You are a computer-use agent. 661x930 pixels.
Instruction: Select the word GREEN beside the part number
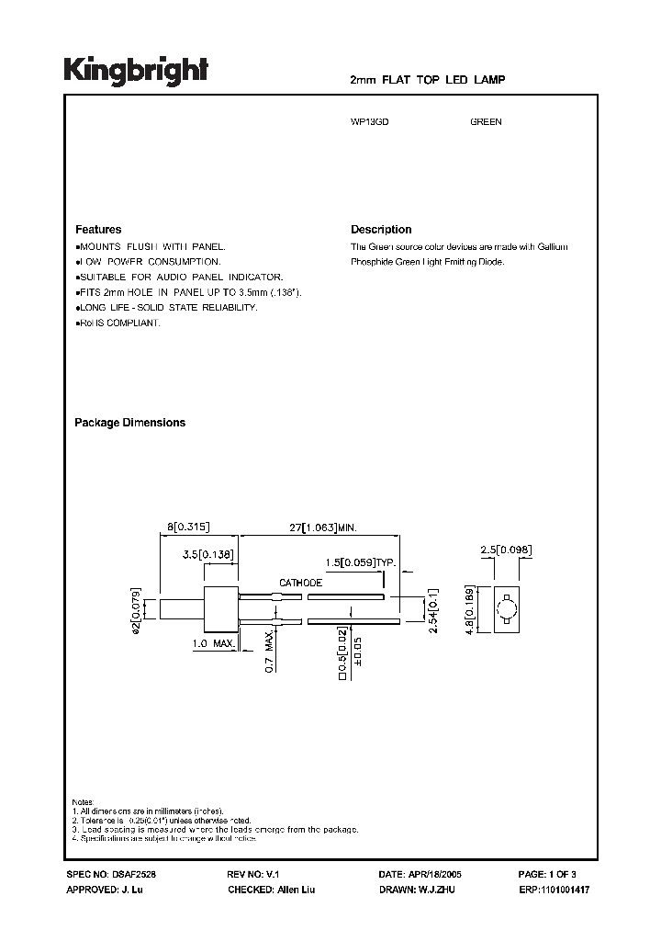click(486, 122)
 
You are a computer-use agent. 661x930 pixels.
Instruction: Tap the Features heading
click(98, 230)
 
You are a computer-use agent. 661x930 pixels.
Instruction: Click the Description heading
click(381, 230)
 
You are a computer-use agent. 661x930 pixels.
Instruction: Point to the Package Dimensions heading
click(129, 423)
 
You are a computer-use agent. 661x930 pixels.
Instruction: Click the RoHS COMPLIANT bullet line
click(118, 323)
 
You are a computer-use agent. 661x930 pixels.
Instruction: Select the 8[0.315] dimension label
click(190, 527)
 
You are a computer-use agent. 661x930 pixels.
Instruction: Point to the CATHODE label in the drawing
click(301, 584)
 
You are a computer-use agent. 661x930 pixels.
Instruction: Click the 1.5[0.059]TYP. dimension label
click(358, 561)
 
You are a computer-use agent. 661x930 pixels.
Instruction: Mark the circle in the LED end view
click(506, 609)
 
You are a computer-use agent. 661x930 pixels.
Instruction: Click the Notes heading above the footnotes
click(83, 802)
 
